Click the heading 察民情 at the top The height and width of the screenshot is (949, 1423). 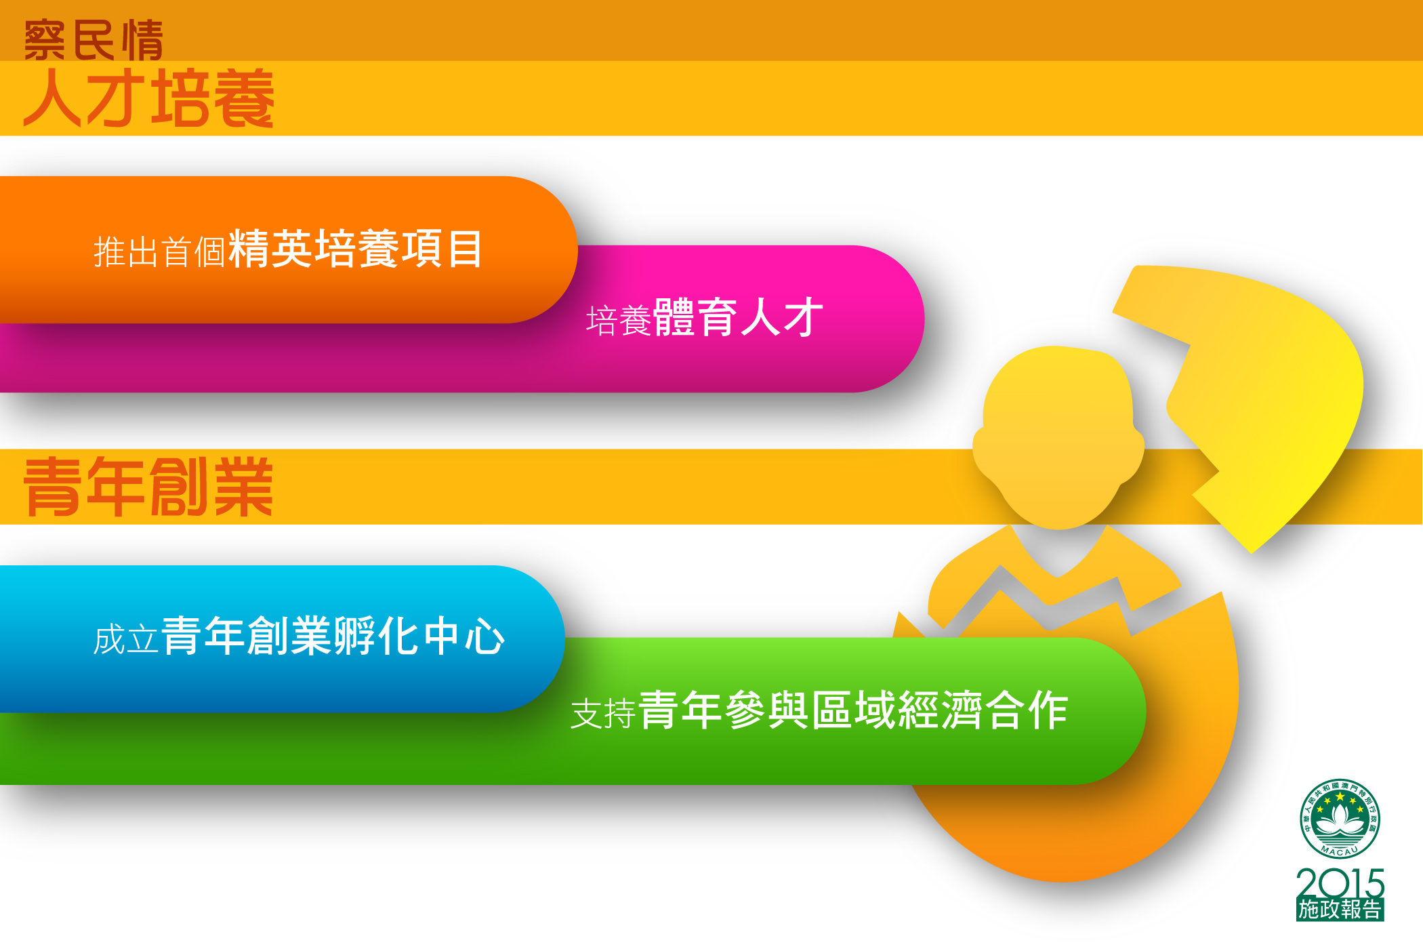(x=94, y=40)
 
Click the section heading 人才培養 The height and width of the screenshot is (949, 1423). (x=149, y=99)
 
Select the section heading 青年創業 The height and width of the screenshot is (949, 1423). (x=148, y=486)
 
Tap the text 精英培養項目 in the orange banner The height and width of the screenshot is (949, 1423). (x=356, y=249)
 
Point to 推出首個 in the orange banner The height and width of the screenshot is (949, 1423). (x=159, y=252)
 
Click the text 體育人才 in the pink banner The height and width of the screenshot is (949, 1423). (x=738, y=317)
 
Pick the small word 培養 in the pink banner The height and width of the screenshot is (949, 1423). (x=618, y=321)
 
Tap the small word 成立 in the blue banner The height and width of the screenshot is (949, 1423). (x=126, y=640)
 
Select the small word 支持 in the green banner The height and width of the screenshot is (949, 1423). (x=602, y=714)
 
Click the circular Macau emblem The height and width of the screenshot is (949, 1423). (x=1340, y=819)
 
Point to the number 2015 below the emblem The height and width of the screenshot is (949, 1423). (x=1340, y=883)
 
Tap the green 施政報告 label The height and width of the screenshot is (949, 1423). (x=1340, y=910)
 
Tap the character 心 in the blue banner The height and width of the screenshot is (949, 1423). (x=484, y=637)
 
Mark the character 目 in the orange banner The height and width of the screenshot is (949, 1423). (x=465, y=249)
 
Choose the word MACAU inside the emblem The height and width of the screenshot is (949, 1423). (x=1340, y=851)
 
